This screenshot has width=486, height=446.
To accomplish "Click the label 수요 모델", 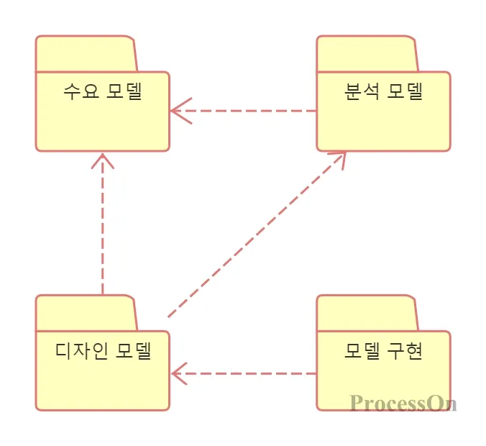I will (x=102, y=92).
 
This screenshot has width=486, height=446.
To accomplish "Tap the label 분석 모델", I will (x=383, y=92).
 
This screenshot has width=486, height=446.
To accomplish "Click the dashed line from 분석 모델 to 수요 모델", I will (x=252, y=111).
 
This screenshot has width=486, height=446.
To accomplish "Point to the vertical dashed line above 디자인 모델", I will (x=103, y=230).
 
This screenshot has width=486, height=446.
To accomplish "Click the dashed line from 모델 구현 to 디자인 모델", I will (x=252, y=373).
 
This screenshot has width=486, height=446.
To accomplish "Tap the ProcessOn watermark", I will (x=403, y=403).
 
